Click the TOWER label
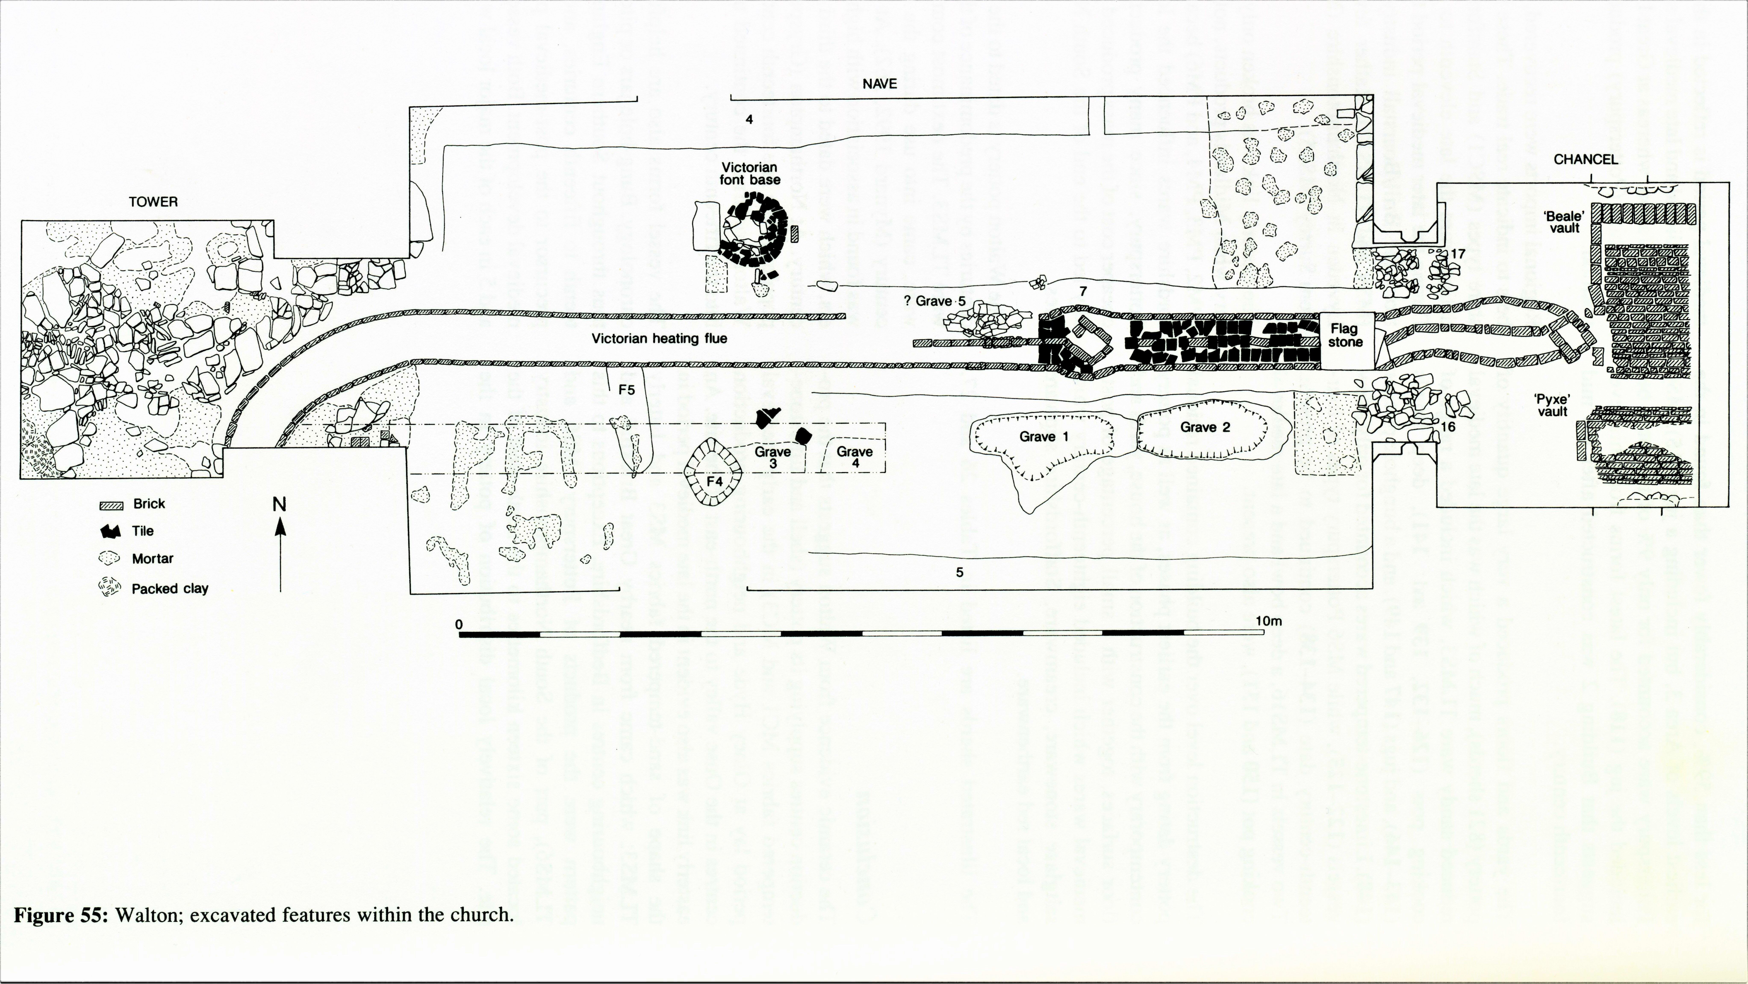(153, 202)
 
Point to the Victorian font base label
(749, 174)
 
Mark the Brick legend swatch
(112, 505)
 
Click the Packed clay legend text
(170, 589)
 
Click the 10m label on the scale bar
(1268, 621)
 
